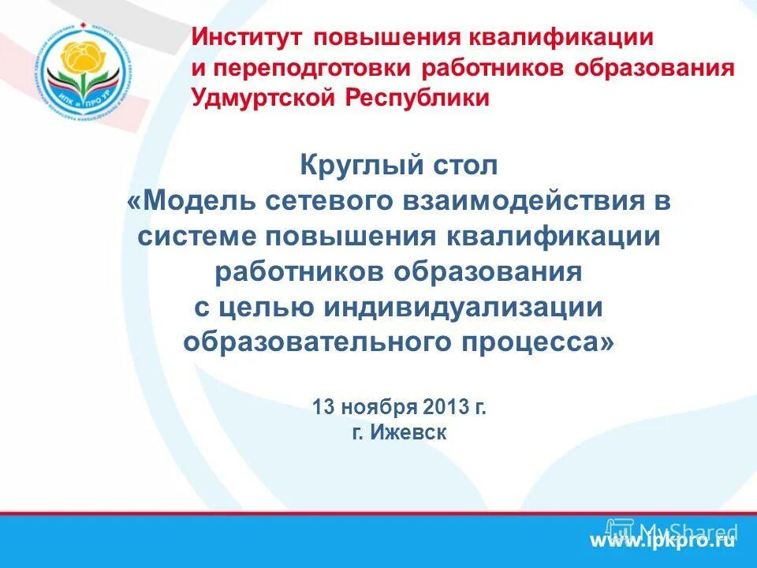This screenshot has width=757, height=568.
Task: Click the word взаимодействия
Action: [x=525, y=200]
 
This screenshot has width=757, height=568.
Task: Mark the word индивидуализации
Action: [x=463, y=308]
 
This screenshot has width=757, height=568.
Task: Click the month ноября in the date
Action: [x=369, y=408]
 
